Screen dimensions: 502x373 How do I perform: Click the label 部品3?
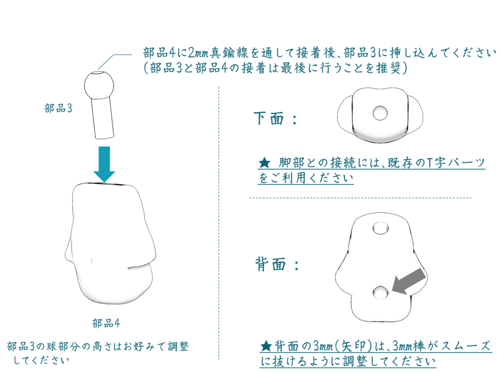(x=58, y=108)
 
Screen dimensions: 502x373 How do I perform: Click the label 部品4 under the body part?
(x=106, y=323)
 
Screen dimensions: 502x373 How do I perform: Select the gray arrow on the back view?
(x=409, y=281)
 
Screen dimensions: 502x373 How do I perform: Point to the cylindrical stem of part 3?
(x=103, y=119)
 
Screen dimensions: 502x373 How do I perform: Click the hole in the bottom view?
(x=380, y=113)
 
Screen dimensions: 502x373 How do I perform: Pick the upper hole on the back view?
(x=380, y=228)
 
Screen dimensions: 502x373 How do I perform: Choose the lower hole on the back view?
(x=380, y=293)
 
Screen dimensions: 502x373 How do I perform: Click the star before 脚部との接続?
(x=264, y=163)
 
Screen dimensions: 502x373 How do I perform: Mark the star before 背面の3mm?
(x=266, y=346)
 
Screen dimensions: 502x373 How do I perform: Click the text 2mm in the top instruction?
(x=199, y=52)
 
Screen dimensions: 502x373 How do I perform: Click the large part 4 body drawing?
(x=111, y=243)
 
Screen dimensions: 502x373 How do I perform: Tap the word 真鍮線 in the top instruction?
(x=229, y=52)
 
